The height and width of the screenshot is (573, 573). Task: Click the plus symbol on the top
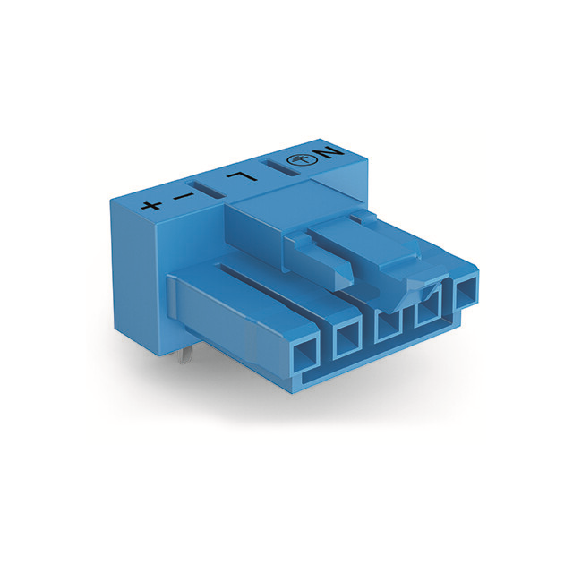point(151,205)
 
